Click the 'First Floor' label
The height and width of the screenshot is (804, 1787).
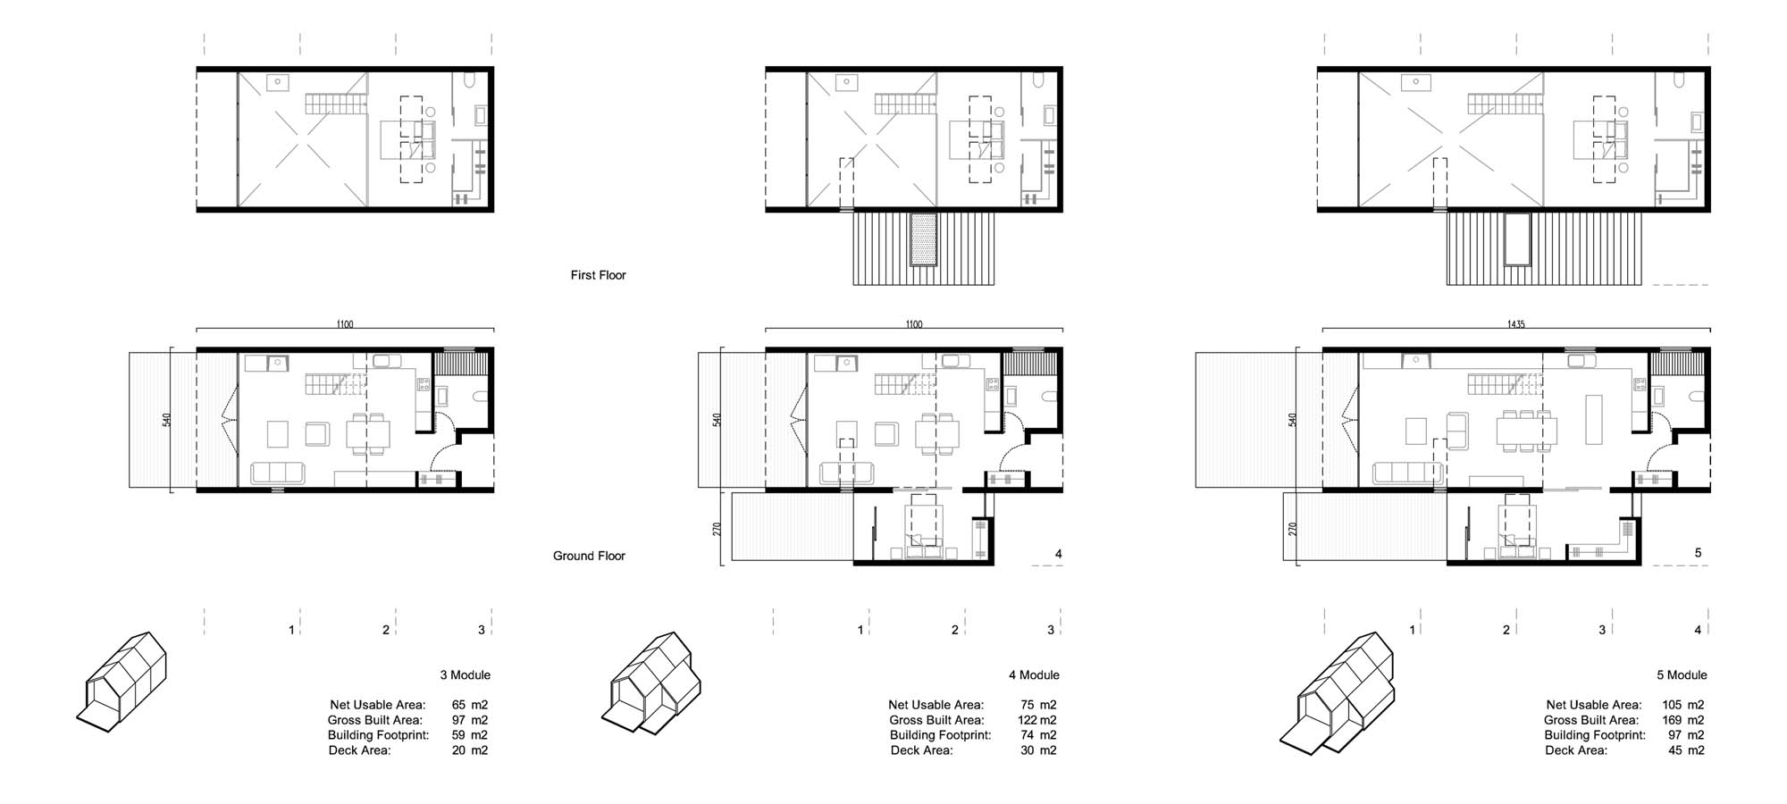coord(599,275)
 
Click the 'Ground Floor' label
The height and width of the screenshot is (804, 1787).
coord(589,556)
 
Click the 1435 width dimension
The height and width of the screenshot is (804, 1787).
coord(1515,324)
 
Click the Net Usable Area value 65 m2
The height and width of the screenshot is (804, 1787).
coord(470,705)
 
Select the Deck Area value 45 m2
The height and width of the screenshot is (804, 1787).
coord(1686,750)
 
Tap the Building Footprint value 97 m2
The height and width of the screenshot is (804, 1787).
coord(1686,735)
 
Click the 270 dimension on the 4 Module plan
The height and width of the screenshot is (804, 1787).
coord(717,529)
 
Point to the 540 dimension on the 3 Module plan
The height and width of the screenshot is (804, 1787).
coord(167,420)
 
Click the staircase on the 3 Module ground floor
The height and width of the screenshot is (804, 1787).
coord(336,386)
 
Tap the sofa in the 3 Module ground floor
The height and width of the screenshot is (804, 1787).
coord(278,473)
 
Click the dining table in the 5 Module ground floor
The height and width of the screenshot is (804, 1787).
coord(1527,431)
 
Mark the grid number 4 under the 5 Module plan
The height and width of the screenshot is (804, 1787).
coord(1698,630)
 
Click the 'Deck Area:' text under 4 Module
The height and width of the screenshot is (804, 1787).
coord(921,750)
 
